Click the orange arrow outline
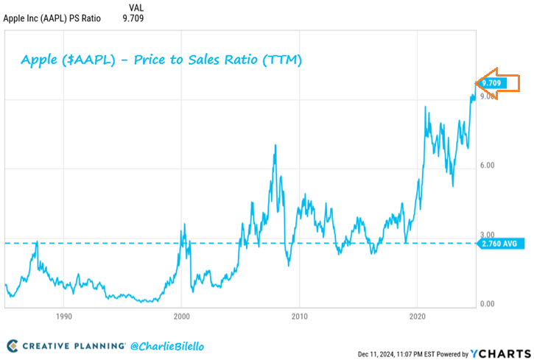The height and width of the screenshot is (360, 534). pos(488,83)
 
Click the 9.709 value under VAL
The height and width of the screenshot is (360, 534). pos(133,18)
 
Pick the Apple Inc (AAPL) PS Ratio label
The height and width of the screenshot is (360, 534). pos(52,18)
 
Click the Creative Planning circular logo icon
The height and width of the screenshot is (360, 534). pos(13,345)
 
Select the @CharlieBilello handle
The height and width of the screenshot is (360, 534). pos(167,345)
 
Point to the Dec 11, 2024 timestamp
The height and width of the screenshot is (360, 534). pos(383,354)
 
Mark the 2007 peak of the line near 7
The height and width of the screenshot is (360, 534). pos(275,145)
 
